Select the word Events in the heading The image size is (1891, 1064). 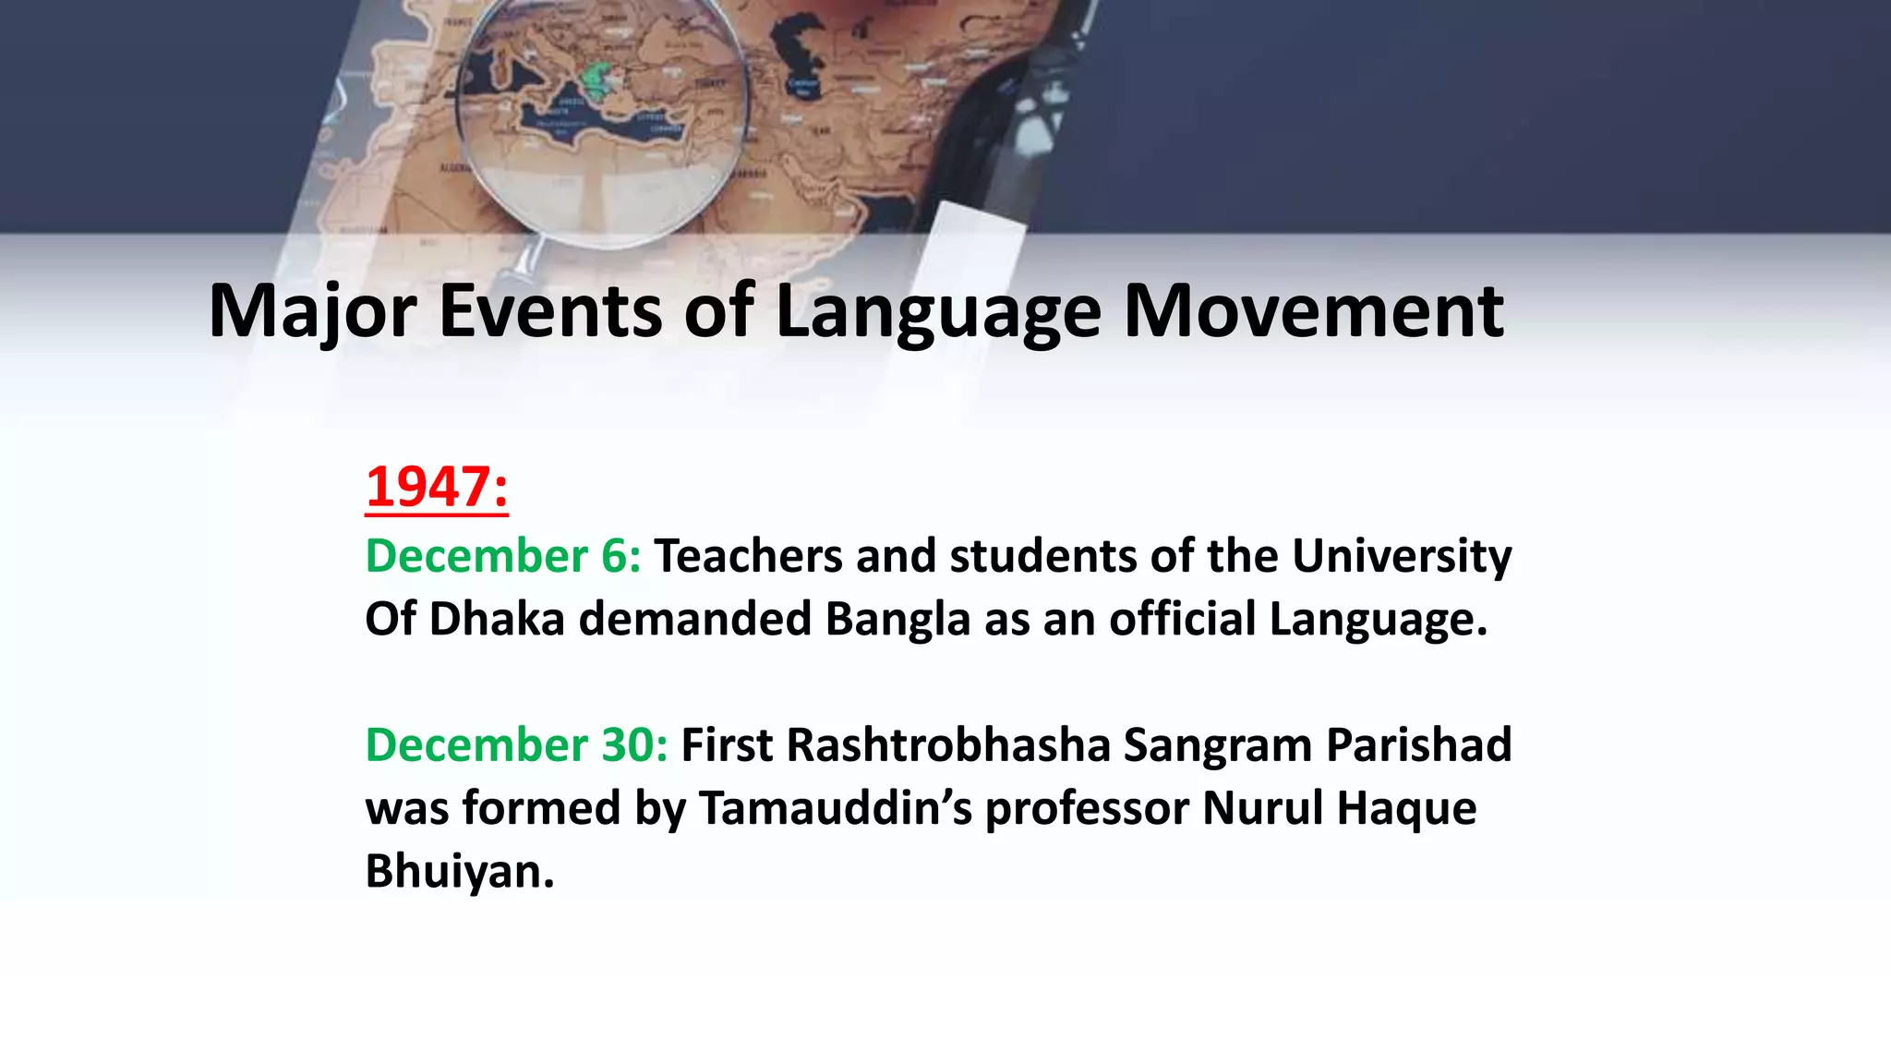tap(550, 312)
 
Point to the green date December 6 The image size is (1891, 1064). tap(502, 556)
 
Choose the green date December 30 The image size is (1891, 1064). tap(516, 744)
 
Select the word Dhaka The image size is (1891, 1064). tap(497, 619)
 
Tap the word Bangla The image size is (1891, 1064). tap(897, 619)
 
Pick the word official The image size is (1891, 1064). tap(1182, 619)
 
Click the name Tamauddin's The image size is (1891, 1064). tap(835, 808)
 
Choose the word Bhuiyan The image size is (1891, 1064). tap(460, 871)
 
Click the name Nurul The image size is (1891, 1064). tap(1261, 808)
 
